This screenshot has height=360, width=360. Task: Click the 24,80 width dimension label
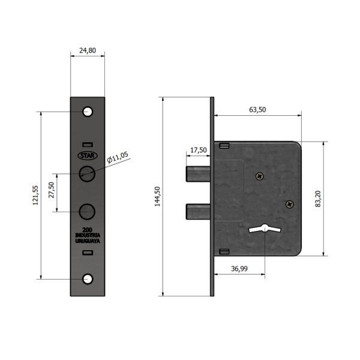tap(88, 50)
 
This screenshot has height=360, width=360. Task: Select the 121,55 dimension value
tap(35, 196)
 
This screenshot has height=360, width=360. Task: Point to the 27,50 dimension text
tap(52, 190)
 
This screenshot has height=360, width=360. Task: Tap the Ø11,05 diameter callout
tap(118, 157)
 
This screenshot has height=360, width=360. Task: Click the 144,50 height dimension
tap(157, 196)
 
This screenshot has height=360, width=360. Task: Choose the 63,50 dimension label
tap(257, 110)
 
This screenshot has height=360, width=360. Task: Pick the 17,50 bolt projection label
tap(199, 150)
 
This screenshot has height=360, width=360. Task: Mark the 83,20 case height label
tap(318, 199)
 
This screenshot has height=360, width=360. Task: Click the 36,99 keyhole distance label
tap(239, 269)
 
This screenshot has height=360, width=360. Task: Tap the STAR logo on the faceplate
tap(88, 155)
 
